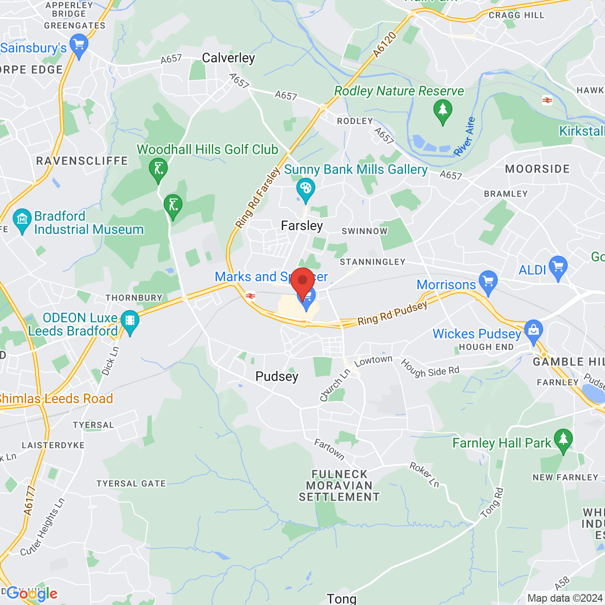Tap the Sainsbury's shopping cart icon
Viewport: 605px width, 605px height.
click(x=79, y=46)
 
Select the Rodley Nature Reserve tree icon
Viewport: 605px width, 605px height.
click(x=442, y=111)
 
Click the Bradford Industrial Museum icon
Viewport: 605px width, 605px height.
click(x=22, y=220)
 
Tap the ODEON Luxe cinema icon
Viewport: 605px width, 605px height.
click(x=130, y=321)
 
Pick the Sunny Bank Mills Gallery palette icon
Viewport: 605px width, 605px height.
click(x=305, y=190)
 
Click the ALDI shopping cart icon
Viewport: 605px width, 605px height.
click(x=558, y=267)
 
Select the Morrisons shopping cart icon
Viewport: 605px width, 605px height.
click(x=488, y=282)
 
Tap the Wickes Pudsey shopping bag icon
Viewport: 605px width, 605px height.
click(x=534, y=331)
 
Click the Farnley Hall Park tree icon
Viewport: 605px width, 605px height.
click(x=563, y=440)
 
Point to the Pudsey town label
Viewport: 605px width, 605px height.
click(x=277, y=377)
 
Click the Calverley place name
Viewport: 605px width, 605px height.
click(x=228, y=58)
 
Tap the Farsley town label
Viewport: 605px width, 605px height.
click(x=302, y=226)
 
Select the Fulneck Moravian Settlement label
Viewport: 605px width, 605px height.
click(x=339, y=485)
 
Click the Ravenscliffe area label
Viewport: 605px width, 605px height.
click(x=82, y=161)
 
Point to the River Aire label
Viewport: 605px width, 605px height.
click(x=464, y=137)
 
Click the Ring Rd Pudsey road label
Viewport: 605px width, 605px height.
click(x=392, y=313)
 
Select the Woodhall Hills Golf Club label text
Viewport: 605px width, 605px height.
click(x=207, y=150)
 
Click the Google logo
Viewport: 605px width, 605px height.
click(x=32, y=594)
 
